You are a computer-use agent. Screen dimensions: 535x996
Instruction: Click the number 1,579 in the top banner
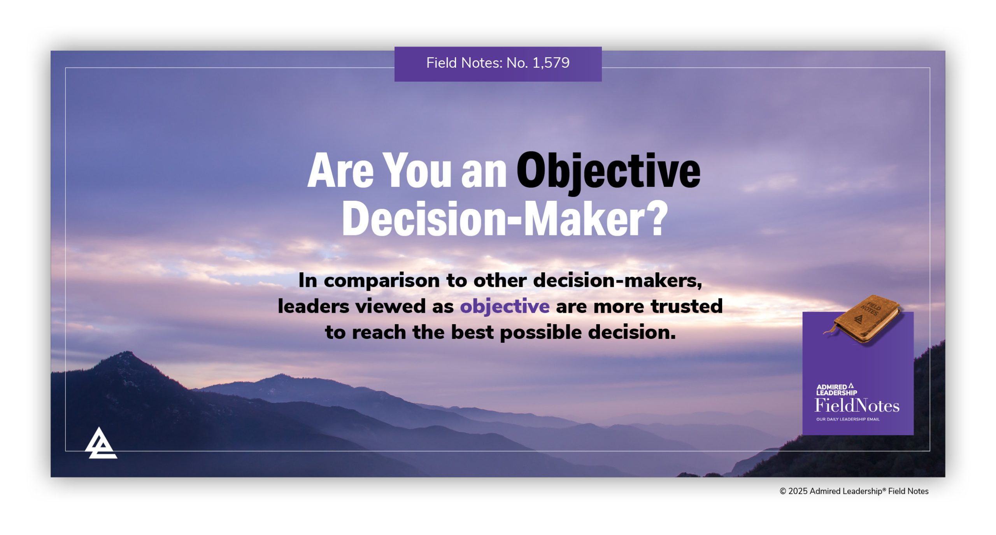pyautogui.click(x=551, y=63)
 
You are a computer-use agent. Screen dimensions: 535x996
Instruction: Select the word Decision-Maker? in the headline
pyautogui.click(x=505, y=219)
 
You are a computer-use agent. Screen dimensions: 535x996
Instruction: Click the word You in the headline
pyautogui.click(x=419, y=170)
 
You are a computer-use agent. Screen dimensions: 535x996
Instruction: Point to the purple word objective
pyautogui.click(x=505, y=307)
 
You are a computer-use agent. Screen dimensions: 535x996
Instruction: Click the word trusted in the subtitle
pyautogui.click(x=687, y=306)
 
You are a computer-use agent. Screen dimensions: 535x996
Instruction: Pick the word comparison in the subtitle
pyautogui.click(x=381, y=281)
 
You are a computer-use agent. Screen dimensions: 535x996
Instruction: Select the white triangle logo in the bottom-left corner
pyautogui.click(x=101, y=444)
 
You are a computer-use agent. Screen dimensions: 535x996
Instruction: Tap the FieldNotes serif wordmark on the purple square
pyautogui.click(x=857, y=406)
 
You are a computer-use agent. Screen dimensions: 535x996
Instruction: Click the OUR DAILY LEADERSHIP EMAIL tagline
pyautogui.click(x=847, y=419)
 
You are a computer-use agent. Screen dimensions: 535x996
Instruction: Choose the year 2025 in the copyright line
pyautogui.click(x=798, y=491)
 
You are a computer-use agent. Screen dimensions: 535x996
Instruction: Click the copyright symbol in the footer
pyautogui.click(x=783, y=491)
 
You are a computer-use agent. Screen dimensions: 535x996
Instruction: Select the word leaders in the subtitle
pyautogui.click(x=313, y=307)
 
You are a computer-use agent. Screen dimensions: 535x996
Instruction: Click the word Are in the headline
pyautogui.click(x=340, y=171)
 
